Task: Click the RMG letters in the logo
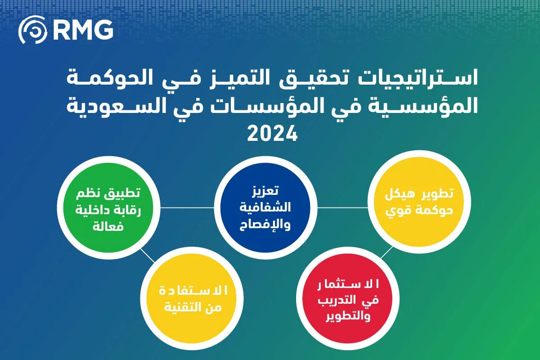point(83,30)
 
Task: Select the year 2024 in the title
point(270,133)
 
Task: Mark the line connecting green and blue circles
point(187,208)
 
